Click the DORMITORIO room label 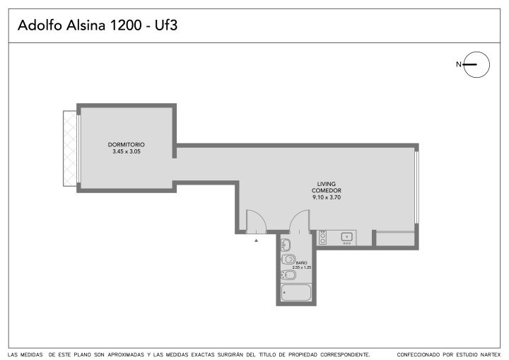click(x=127, y=144)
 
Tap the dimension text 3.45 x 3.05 click(x=127, y=151)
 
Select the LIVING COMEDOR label click(x=326, y=187)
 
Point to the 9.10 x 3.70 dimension click(x=327, y=197)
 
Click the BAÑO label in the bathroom click(x=302, y=263)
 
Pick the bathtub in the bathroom click(x=296, y=292)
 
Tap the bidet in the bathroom click(x=288, y=275)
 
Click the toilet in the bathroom click(x=288, y=260)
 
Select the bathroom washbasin click(x=286, y=245)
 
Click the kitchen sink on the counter click(x=346, y=236)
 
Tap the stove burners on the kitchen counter click(x=322, y=237)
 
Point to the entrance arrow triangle click(x=256, y=240)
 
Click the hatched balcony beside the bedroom click(x=70, y=149)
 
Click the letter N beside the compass click(x=458, y=64)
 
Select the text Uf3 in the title click(x=166, y=25)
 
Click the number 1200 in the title click(x=126, y=25)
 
